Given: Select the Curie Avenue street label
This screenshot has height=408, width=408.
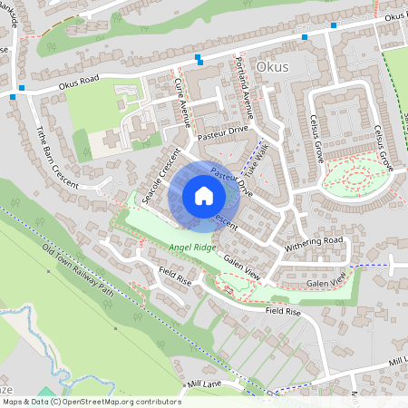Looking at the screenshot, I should [184, 102].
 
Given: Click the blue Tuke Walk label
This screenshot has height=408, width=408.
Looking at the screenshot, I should [259, 155].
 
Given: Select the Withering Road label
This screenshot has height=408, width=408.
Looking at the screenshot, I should [315, 242].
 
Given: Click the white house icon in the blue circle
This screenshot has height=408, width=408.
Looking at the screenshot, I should [203, 195].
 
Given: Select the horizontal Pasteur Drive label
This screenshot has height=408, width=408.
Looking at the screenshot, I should [224, 131].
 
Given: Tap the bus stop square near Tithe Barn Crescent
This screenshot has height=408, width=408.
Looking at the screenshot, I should [13, 94].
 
